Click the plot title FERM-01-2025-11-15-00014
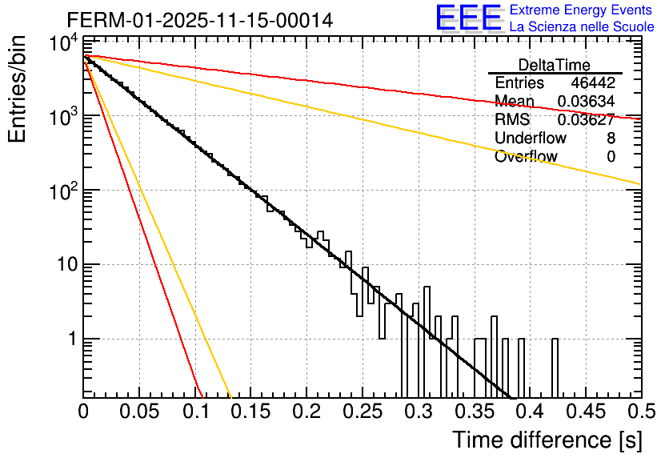200,19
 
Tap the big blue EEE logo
469,18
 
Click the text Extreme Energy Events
582,10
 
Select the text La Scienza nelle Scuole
582,27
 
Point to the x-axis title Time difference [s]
547,440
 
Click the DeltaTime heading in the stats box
555,65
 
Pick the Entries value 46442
593,83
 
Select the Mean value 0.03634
586,102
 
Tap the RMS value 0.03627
586,120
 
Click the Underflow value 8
611,139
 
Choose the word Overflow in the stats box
526,157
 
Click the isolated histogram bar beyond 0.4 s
555,368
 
